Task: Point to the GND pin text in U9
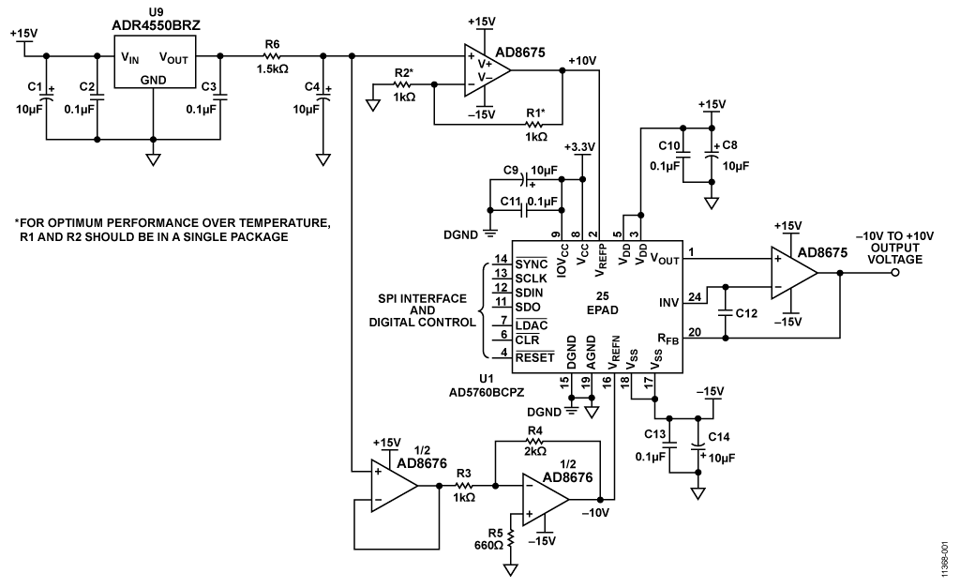153,81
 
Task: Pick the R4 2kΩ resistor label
535,441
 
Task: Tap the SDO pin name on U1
529,306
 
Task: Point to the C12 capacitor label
747,311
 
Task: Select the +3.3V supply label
582,147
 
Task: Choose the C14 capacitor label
720,437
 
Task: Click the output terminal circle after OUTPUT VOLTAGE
895,273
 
